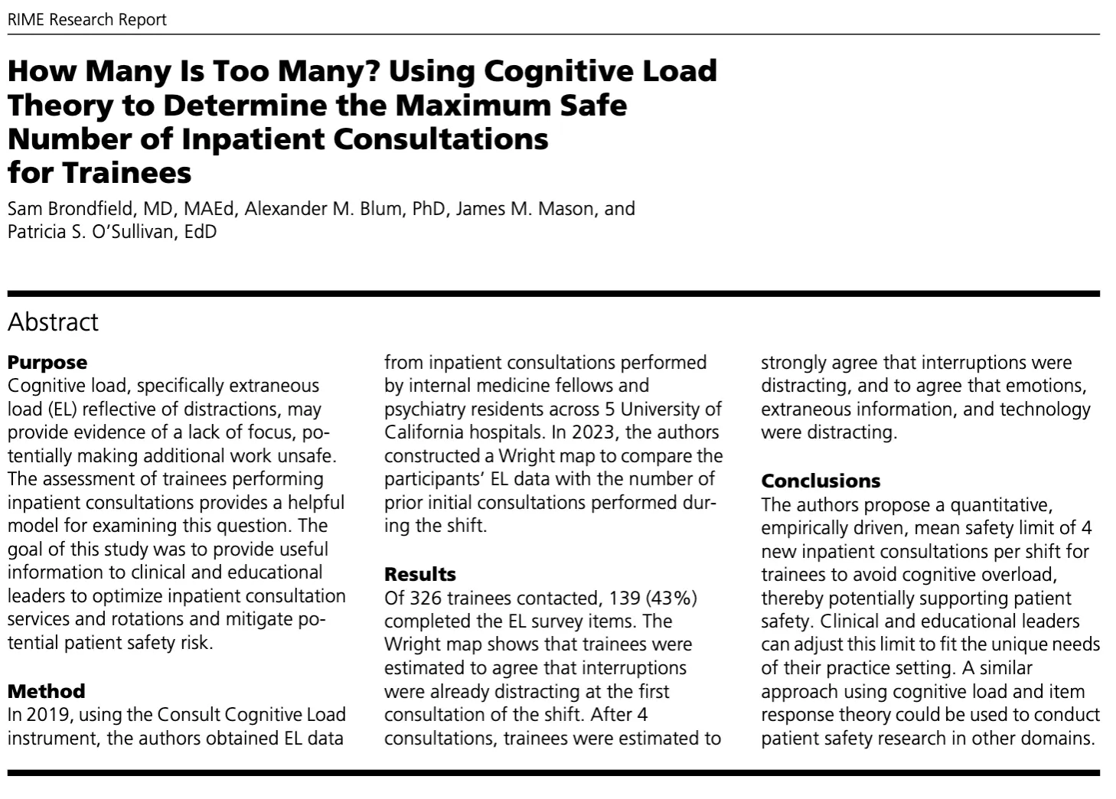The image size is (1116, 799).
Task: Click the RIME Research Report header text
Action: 86,20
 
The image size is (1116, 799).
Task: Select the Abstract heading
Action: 53,322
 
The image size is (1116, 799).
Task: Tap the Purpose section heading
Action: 47,362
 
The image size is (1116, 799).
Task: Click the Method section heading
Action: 46,691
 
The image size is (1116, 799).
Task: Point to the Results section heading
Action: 419,574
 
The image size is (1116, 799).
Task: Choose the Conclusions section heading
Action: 821,481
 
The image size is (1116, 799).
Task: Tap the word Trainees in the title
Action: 126,172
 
